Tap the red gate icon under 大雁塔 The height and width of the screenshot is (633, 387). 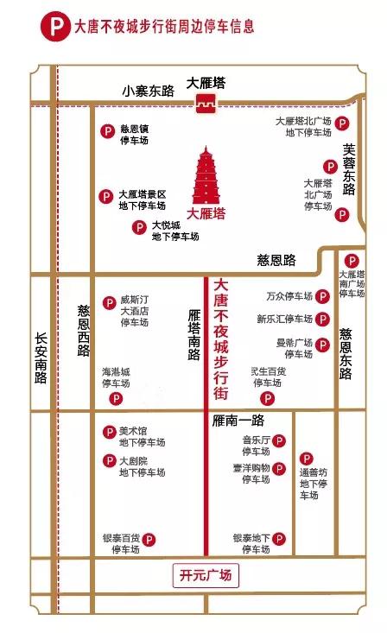pos(206,105)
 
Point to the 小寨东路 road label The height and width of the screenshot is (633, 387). pos(148,90)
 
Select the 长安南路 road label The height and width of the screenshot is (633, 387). pos(41,359)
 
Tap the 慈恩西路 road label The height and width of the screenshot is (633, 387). pos(83,332)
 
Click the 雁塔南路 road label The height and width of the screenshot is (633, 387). pos(193,335)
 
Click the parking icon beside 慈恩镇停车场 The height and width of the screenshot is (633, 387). pos(108,130)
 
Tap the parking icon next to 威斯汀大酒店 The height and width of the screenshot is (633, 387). pos(109,302)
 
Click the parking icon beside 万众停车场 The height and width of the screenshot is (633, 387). pos(322,296)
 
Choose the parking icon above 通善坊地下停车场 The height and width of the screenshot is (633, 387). pos(305,458)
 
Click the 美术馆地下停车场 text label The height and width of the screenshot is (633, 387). pos(142,437)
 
